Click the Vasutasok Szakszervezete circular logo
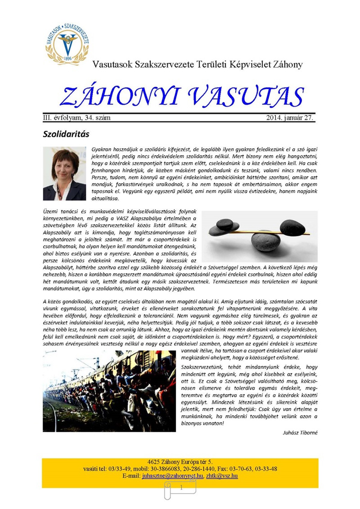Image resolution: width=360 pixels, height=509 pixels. click(x=67, y=44)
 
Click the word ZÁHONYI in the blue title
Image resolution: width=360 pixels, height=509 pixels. click(x=120, y=97)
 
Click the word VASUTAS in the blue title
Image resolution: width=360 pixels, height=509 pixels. click(x=246, y=97)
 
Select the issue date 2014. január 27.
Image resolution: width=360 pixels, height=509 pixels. click(x=289, y=118)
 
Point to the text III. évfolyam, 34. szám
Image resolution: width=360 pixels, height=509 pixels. click(x=77, y=118)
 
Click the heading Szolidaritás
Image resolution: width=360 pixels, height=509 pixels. click(x=66, y=134)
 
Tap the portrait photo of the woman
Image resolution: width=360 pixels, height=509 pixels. click(x=64, y=173)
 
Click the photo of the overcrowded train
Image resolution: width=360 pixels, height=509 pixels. click(x=109, y=391)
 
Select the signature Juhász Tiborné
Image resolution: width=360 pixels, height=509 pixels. click(x=300, y=433)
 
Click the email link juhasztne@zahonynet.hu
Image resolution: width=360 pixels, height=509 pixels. click(x=172, y=476)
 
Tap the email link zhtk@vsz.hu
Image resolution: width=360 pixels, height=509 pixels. click(x=222, y=476)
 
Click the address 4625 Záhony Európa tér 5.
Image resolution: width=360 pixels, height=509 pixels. click(x=180, y=462)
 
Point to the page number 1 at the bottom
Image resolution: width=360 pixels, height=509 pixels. click(x=181, y=488)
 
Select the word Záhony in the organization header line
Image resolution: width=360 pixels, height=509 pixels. click(x=288, y=65)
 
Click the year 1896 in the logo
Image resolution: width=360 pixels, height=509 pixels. click(x=68, y=59)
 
